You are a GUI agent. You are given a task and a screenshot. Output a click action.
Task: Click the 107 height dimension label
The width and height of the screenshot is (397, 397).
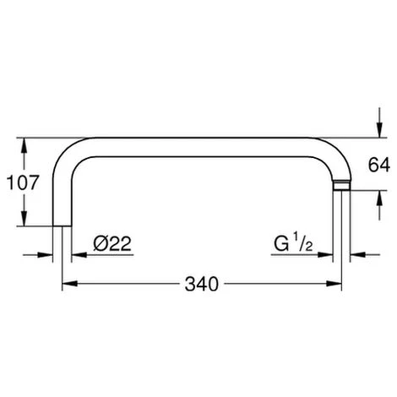(22, 182)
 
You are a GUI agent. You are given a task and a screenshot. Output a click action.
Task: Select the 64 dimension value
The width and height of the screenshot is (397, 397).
(379, 165)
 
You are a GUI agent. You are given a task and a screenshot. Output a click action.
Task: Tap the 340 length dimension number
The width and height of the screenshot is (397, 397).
(202, 284)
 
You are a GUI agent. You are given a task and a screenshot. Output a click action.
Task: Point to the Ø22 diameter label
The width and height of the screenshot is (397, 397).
(112, 243)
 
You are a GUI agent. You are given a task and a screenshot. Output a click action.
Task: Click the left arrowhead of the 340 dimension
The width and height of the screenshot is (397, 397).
(69, 284)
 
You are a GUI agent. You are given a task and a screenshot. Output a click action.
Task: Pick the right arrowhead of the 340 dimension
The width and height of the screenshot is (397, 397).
(334, 284)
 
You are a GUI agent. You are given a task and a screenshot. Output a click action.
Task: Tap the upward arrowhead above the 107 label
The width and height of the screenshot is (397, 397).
(24, 145)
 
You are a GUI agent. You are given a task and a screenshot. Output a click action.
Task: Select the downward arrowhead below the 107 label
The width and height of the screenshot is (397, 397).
(24, 218)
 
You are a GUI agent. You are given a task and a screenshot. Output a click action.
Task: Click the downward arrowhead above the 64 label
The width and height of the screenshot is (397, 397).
(380, 130)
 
